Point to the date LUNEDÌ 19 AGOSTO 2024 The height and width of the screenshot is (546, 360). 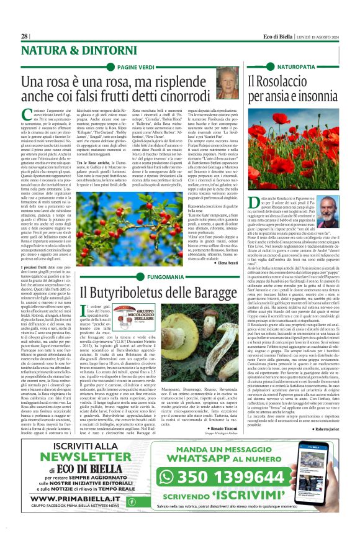(317, 36)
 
